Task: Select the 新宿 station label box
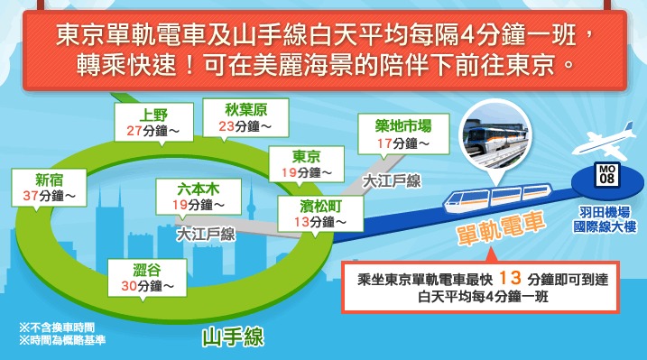[x=44, y=186]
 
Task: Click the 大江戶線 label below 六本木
[x=206, y=235]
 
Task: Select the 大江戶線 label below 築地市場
[x=393, y=180]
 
